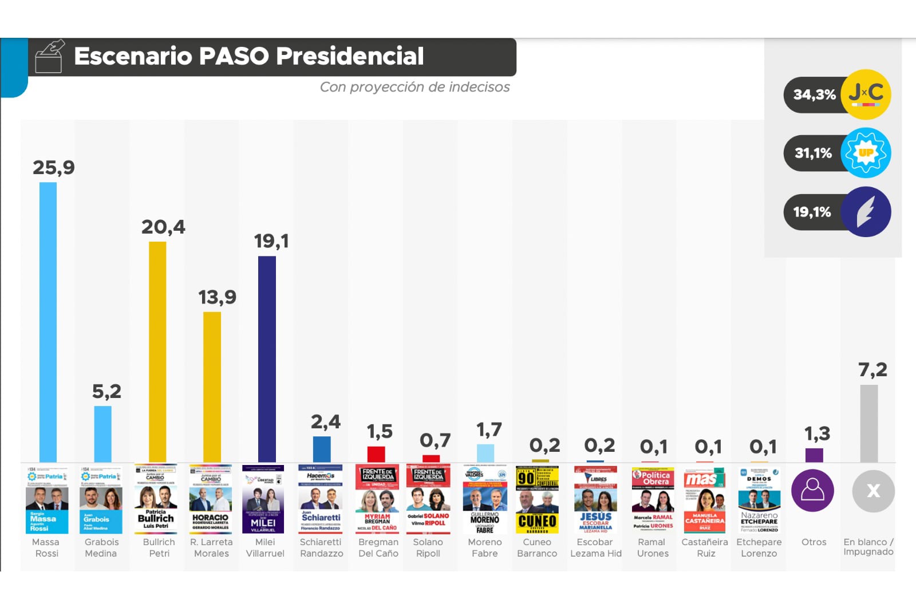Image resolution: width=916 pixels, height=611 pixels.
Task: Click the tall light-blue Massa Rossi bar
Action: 48,322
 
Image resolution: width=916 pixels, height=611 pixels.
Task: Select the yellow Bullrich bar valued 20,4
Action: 157,352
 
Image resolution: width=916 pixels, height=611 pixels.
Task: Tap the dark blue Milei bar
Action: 267,358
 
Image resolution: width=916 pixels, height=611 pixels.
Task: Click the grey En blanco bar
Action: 868,423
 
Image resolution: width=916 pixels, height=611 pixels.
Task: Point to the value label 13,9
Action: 217,297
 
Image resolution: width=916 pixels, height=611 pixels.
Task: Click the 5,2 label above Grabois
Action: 106,392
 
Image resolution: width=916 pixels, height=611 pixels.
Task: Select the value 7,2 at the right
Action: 872,370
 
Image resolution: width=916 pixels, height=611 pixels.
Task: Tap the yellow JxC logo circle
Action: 866,94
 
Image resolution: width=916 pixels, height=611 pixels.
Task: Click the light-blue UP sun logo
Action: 866,153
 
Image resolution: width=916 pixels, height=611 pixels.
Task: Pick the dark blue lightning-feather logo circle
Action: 866,212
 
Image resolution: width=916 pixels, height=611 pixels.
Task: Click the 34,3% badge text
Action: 814,94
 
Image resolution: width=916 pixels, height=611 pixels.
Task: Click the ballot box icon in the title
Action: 49,57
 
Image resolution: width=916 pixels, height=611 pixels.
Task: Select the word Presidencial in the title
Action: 350,56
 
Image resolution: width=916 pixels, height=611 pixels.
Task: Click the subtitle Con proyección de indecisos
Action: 414,87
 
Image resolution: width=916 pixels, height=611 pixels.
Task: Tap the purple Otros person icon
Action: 812,490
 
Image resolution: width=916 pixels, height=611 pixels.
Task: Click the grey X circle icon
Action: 873,491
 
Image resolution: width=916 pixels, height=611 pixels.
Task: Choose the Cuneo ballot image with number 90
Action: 537,499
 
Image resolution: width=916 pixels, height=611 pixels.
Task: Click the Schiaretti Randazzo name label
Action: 321,547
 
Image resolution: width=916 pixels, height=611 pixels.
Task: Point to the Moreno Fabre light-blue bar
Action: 485,453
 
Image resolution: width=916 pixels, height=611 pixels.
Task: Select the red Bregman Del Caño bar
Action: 376,454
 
